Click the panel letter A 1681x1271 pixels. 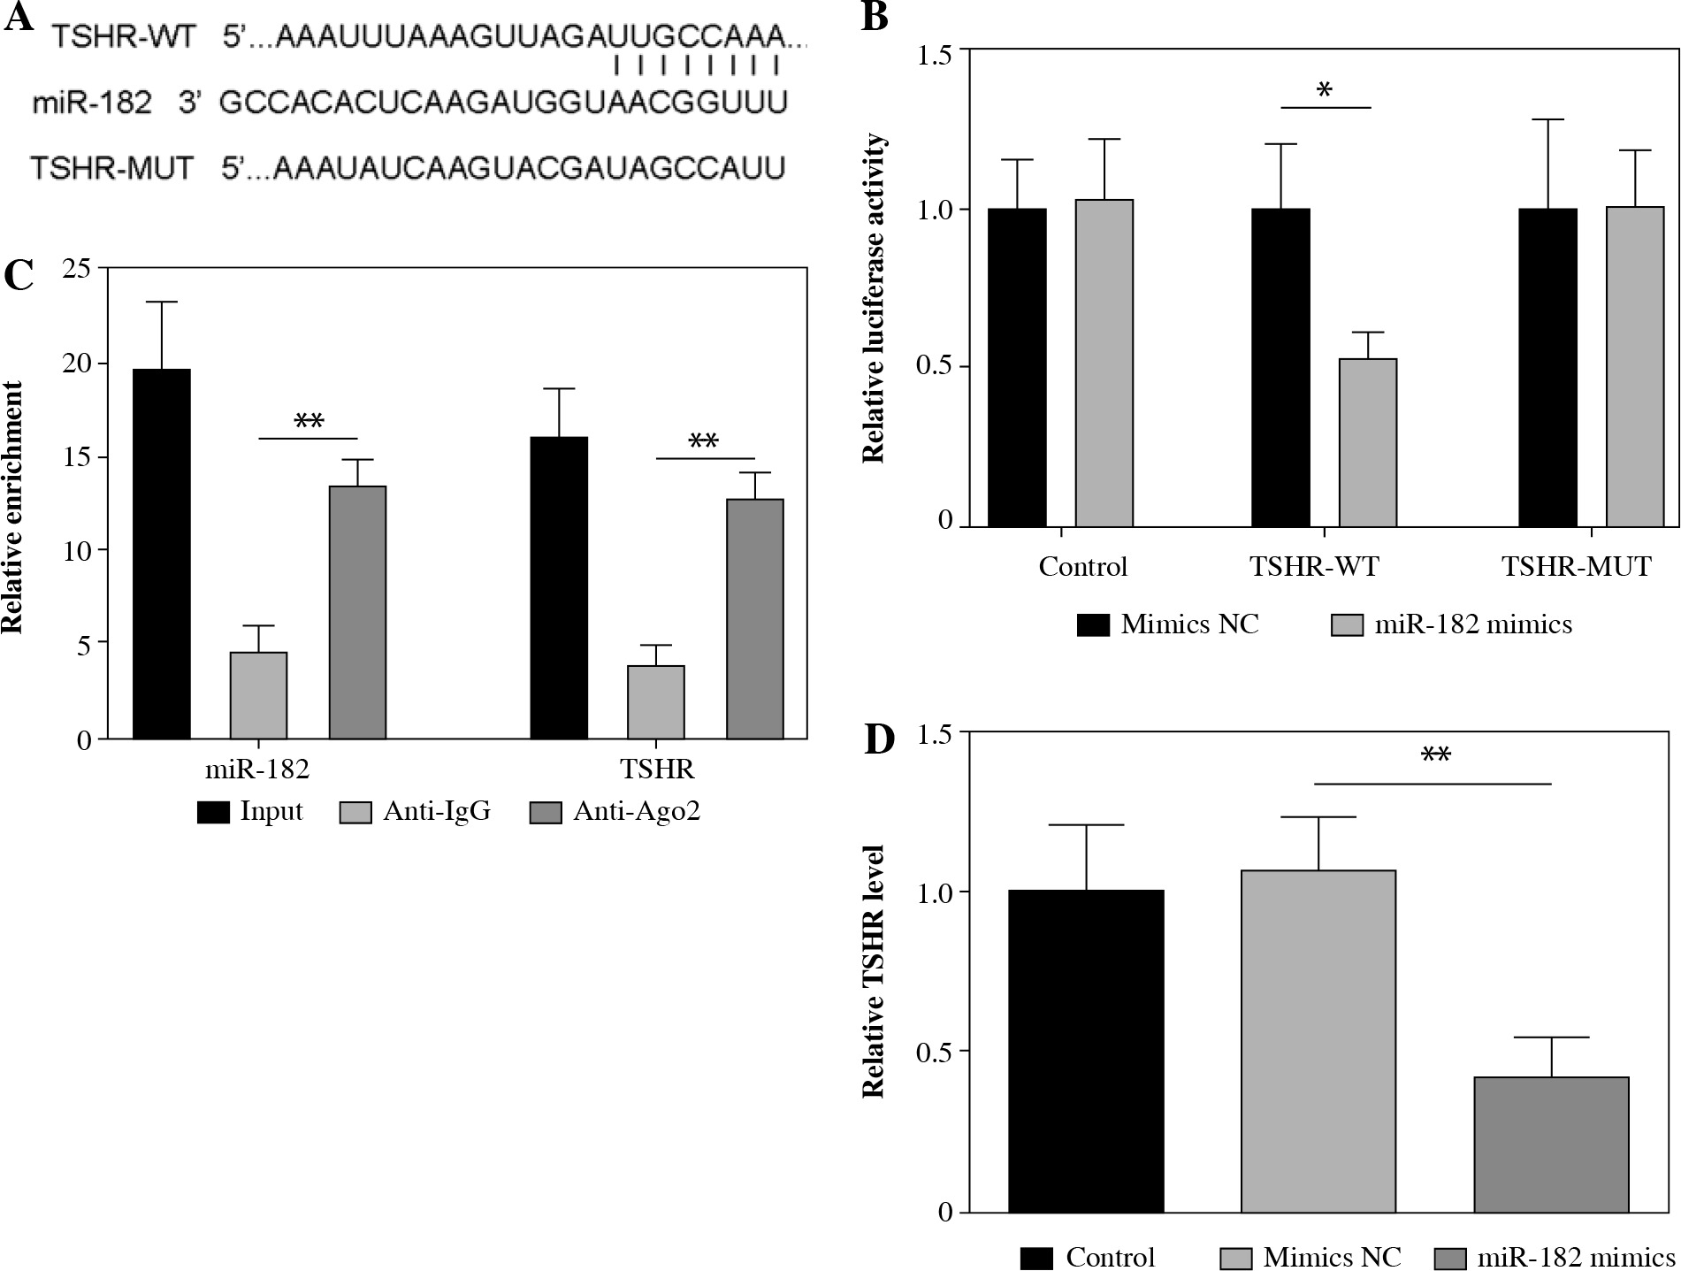(x=19, y=18)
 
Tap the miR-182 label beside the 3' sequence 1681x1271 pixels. (x=92, y=103)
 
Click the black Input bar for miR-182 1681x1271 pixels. (x=161, y=554)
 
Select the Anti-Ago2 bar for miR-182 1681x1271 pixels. (x=357, y=612)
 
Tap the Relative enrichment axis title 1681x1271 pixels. (x=12, y=507)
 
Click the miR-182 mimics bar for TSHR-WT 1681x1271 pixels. (x=1367, y=442)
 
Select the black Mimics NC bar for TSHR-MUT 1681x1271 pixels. (x=1547, y=367)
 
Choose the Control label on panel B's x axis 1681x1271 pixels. (x=1082, y=566)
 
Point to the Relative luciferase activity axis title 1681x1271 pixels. (x=874, y=298)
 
